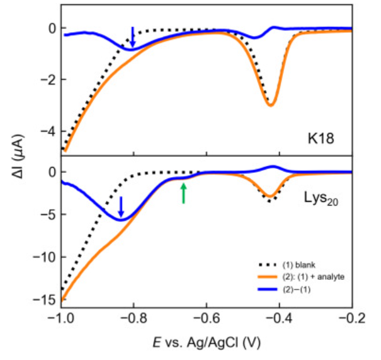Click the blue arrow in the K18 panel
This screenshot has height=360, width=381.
tap(132, 37)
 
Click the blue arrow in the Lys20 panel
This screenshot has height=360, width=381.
tap(122, 207)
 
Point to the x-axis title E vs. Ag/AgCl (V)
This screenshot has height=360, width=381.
tap(206, 342)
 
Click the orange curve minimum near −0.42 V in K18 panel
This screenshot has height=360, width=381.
tap(270, 105)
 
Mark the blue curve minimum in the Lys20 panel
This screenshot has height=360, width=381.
tap(121, 219)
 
